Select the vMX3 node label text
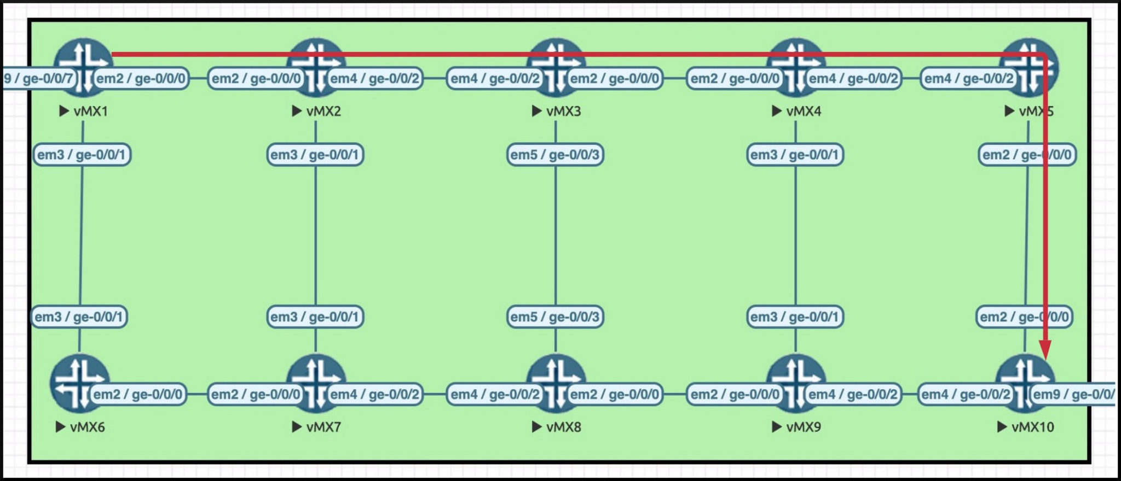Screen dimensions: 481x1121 563,112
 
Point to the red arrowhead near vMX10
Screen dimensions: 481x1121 1045,350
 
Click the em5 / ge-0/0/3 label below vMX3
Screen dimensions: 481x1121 555,155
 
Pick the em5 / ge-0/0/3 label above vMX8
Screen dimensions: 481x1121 555,316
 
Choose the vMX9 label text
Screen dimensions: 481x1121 803,427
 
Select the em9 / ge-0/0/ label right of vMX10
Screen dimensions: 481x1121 1073,394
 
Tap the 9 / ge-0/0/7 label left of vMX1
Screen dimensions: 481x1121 38,79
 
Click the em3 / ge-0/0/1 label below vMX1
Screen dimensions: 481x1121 82,155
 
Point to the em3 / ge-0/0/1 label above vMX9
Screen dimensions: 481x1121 795,316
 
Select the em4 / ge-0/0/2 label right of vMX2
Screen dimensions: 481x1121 375,79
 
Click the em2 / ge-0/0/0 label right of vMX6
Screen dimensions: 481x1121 138,394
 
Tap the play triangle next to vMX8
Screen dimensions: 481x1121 537,427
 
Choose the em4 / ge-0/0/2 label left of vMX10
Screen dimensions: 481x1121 966,394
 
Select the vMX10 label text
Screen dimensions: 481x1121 1032,427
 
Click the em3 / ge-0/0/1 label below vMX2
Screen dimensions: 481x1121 315,155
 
